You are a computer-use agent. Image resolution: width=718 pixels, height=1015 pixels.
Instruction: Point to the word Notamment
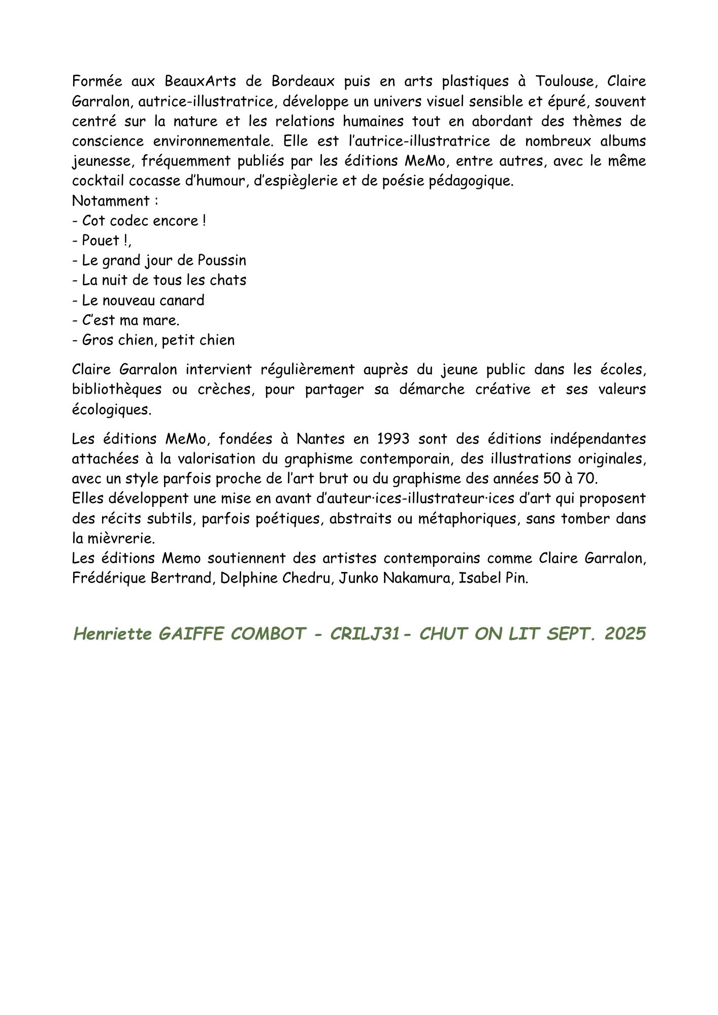tap(111, 201)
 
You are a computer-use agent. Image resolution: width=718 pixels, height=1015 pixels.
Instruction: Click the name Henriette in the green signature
tap(113, 634)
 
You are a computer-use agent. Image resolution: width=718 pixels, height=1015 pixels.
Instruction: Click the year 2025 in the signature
tap(625, 634)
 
